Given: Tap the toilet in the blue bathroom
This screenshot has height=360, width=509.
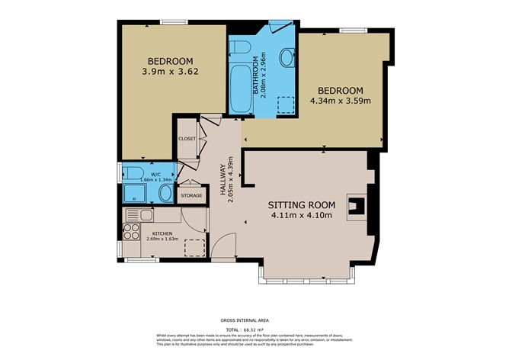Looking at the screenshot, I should [x=238, y=49].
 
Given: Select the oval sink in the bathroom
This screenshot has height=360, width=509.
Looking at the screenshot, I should [x=288, y=56].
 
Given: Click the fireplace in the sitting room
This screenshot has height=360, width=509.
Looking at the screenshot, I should [x=356, y=206].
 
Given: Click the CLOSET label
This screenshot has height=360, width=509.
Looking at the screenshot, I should [x=187, y=139].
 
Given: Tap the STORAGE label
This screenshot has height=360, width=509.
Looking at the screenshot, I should [x=191, y=196].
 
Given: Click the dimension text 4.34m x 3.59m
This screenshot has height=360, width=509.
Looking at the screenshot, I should [x=341, y=100].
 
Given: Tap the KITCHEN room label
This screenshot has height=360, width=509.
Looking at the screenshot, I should [x=162, y=233].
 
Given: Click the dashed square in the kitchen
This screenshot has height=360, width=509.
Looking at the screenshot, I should [x=194, y=249].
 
